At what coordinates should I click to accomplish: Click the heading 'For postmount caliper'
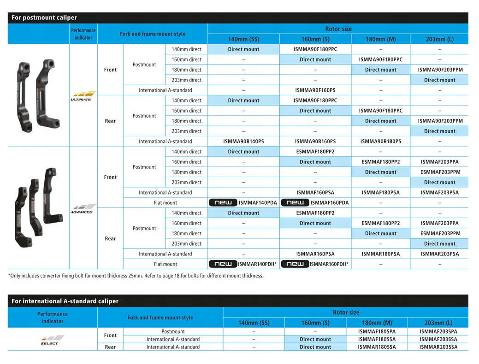pos(44,18)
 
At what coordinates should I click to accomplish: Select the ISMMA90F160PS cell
pos(315,90)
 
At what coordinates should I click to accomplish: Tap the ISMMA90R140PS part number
pos(243,141)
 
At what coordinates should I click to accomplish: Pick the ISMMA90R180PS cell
pos(380,141)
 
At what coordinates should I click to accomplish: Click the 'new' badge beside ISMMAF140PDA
pos(223,202)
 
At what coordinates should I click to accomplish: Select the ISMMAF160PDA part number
pos(329,202)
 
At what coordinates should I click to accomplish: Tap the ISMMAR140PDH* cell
pos(257,264)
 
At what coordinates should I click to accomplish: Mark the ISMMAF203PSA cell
pos(439,192)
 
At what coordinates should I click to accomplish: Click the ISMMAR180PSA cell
pos(380,254)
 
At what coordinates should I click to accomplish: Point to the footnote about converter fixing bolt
pos(136,276)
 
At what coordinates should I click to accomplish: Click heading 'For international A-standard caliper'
pos(65,301)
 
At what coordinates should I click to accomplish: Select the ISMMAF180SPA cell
pos(377,331)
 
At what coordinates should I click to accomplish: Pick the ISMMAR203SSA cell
pos(438,347)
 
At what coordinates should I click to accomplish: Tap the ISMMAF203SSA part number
pos(438,339)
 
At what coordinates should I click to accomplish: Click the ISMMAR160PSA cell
pos(315,254)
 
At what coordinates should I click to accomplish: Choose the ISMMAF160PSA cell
pos(315,192)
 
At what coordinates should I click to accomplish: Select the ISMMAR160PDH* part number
pos(329,264)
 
